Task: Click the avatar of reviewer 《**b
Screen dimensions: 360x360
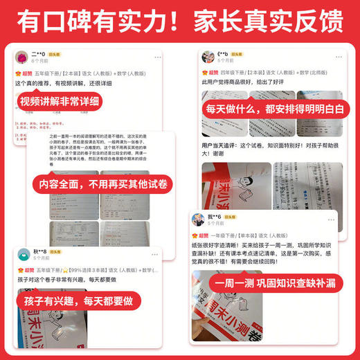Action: (206, 57)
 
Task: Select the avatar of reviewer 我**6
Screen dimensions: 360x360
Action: (195, 219)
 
